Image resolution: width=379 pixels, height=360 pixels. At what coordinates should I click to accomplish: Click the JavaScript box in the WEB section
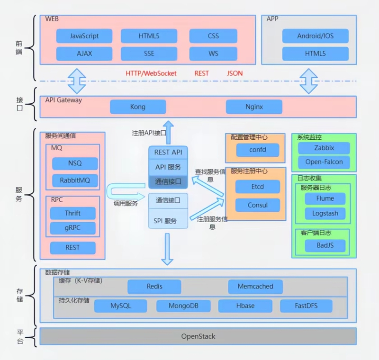click(84, 36)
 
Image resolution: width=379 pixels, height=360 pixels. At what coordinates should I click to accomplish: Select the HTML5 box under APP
click(315, 54)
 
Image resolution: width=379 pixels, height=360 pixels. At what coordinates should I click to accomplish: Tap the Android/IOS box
click(315, 36)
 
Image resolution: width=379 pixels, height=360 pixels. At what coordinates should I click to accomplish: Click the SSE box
click(149, 54)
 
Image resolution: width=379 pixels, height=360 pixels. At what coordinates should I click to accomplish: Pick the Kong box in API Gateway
click(138, 107)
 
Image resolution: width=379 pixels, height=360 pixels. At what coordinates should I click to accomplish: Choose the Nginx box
click(254, 107)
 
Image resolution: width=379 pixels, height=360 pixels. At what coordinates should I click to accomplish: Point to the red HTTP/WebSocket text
click(151, 73)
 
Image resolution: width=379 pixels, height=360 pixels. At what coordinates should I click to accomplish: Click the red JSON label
click(235, 73)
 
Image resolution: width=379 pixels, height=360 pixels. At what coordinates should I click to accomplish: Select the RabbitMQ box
click(75, 180)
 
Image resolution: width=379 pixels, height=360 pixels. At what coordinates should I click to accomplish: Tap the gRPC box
click(72, 228)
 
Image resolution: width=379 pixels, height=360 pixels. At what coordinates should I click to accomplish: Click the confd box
click(257, 150)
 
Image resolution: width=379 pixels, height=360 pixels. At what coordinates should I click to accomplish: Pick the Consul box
click(258, 205)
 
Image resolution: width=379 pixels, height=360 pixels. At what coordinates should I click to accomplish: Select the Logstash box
click(325, 213)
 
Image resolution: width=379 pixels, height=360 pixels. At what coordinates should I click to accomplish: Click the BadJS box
click(325, 245)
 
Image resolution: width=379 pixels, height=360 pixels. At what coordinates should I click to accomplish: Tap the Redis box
click(154, 287)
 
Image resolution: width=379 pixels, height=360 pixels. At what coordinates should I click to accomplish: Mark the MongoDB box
click(183, 306)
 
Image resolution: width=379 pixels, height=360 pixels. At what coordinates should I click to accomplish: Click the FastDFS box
click(306, 306)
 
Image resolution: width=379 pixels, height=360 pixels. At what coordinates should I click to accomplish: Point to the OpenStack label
click(198, 336)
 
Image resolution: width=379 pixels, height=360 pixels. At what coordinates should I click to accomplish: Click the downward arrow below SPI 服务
click(167, 249)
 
